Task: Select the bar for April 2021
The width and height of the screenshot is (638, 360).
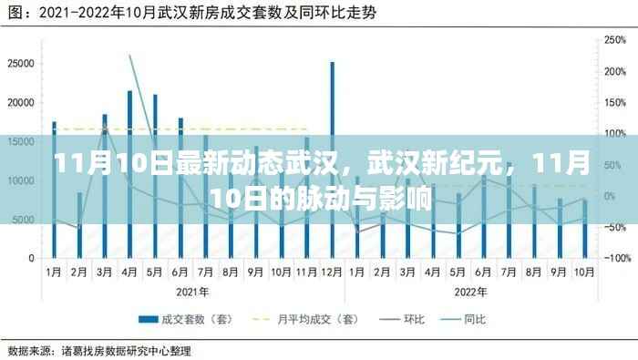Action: (129, 173)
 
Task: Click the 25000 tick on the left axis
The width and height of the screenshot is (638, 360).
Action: (20, 63)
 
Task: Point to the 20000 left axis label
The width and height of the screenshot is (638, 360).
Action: (20, 102)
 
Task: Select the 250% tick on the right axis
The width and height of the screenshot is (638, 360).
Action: (612, 40)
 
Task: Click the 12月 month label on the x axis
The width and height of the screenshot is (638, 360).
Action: (332, 272)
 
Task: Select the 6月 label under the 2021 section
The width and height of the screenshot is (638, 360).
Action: (180, 272)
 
